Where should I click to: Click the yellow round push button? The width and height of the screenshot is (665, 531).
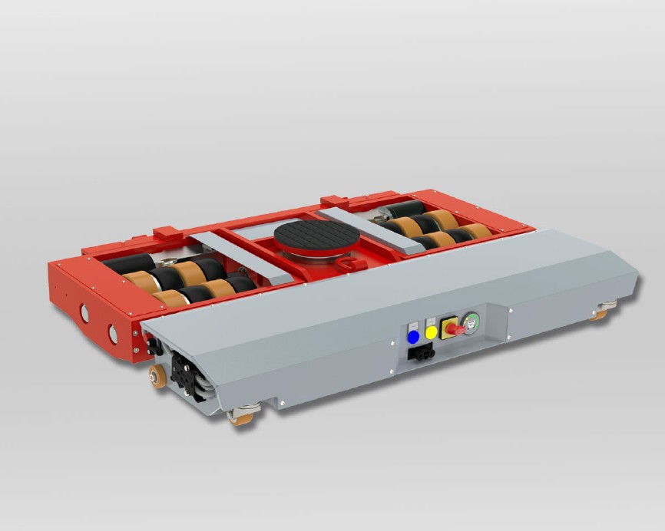coord(432,333)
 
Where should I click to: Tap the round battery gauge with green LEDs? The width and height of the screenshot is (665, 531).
coord(471,325)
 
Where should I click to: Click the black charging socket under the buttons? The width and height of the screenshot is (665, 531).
coord(422,353)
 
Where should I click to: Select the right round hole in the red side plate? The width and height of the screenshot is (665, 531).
coord(113,333)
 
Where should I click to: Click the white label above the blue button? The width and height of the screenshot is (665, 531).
coord(413,324)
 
